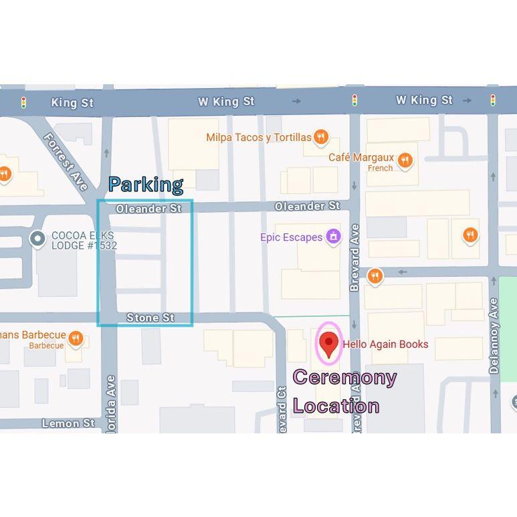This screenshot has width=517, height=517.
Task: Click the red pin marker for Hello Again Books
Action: click(328, 344)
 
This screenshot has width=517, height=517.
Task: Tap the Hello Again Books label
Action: click(385, 344)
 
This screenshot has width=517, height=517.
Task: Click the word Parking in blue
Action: click(146, 185)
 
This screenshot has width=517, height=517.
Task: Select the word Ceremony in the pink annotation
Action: click(344, 377)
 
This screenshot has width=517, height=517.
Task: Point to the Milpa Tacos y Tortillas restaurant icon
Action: click(321, 137)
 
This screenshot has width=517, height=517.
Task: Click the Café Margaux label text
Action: click(360, 158)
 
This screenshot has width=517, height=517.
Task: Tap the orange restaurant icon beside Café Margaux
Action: click(404, 160)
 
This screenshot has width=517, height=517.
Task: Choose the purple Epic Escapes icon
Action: click(333, 236)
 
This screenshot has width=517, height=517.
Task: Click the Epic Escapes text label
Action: click(292, 237)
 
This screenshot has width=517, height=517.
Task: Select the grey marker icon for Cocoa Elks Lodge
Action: click(38, 238)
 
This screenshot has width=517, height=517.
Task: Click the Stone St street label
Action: click(150, 318)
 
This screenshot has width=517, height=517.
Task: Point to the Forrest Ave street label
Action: click(66, 161)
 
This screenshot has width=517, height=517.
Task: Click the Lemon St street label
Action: click(68, 423)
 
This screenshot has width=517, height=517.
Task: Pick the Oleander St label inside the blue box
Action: click(148, 209)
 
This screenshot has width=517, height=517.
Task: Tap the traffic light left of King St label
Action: click(24, 102)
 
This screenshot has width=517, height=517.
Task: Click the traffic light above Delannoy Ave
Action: click(493, 100)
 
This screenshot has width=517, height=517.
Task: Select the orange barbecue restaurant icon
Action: click(76, 338)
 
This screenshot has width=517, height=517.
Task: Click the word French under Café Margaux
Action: click(380, 168)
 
